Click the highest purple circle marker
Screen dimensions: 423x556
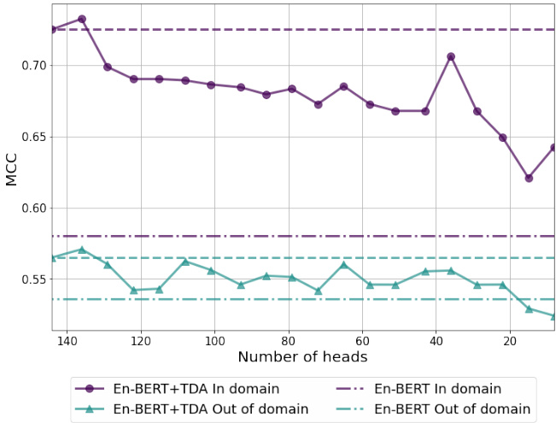pos(82,19)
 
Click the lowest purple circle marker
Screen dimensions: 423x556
pos(529,178)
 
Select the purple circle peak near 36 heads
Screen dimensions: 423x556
pos(451,56)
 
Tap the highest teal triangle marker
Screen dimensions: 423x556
pos(82,250)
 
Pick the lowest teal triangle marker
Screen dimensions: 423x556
pos(553,316)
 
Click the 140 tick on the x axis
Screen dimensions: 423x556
pos(67,338)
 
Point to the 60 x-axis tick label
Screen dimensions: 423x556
pos(362,338)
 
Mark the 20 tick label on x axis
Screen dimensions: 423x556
pos(510,338)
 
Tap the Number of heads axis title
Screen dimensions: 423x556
pos(302,357)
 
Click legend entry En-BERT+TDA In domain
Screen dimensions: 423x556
pos(196,389)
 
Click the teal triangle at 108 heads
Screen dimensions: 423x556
pos(185,261)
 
